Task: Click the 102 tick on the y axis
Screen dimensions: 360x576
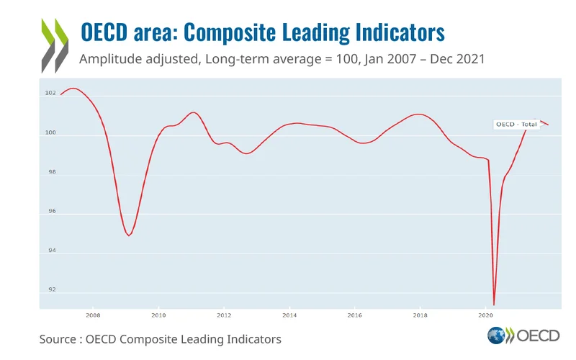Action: [50, 94]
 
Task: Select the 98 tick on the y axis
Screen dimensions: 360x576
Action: [50, 173]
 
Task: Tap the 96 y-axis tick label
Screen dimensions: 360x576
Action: [50, 212]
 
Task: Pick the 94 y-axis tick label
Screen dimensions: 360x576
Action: [50, 251]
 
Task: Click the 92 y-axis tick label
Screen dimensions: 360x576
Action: [50, 290]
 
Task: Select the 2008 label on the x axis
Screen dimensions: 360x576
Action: [93, 315]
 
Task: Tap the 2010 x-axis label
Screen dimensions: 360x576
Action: [158, 315]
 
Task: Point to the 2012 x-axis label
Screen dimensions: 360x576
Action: [224, 315]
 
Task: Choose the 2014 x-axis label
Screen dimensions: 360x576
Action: [289, 315]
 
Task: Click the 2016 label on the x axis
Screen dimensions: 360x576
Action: [354, 315]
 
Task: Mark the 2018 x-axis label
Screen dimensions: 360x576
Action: [420, 315]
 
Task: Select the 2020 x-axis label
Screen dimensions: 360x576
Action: [485, 315]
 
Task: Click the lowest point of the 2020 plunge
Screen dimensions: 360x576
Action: [494, 305]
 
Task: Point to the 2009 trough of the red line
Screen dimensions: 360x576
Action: [128, 235]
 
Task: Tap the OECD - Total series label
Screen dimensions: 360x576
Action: [516, 125]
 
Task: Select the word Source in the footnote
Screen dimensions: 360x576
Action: [57, 338]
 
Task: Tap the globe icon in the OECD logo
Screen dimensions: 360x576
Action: [496, 336]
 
